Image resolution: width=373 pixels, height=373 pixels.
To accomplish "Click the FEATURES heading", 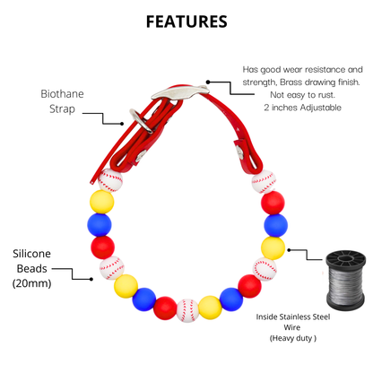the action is point(186,22).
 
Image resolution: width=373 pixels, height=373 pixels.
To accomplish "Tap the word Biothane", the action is point(62,94).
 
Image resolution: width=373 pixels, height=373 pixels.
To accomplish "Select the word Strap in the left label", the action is point(62,109).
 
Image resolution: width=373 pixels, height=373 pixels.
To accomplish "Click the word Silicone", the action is point(31,254).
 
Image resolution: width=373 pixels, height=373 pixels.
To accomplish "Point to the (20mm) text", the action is point(31,283).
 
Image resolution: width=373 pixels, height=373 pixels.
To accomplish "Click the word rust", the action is point(327,95).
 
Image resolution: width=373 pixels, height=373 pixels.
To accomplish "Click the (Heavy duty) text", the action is point(293,338).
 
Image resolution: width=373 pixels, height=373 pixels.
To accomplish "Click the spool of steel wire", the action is point(345,281).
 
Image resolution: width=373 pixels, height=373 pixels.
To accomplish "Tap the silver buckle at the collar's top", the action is point(180,92).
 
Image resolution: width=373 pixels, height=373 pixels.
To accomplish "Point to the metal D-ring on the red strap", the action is point(142,121).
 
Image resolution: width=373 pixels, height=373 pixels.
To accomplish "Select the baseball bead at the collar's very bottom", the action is point(187,310).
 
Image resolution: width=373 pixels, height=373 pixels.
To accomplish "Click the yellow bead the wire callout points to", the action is point(273,248).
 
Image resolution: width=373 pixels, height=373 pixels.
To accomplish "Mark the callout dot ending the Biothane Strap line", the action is point(122,124).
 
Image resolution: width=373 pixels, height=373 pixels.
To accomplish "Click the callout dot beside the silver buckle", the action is point(208,82).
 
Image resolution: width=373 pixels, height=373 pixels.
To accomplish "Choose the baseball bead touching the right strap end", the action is point(264,182).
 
